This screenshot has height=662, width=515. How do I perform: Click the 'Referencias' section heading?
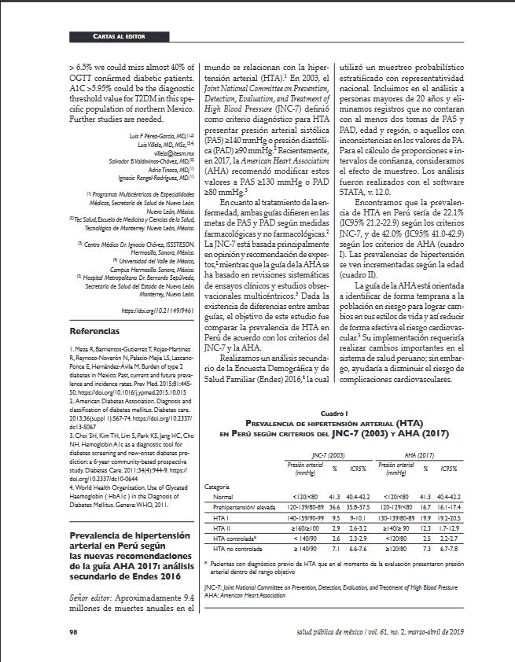[94, 309]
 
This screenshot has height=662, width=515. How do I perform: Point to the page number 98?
[73, 631]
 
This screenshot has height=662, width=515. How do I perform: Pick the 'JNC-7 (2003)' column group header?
[328, 456]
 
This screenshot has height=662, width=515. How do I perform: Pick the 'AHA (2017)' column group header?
[419, 456]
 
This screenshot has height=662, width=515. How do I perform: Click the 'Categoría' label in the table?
[217, 487]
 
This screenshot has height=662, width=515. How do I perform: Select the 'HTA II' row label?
[223, 528]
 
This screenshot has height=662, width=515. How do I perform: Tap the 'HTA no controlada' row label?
[236, 549]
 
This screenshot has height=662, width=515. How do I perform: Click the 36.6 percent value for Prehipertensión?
[333, 508]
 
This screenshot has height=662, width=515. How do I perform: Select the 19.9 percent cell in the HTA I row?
[425, 518]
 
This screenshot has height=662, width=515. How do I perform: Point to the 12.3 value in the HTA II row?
[425, 528]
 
